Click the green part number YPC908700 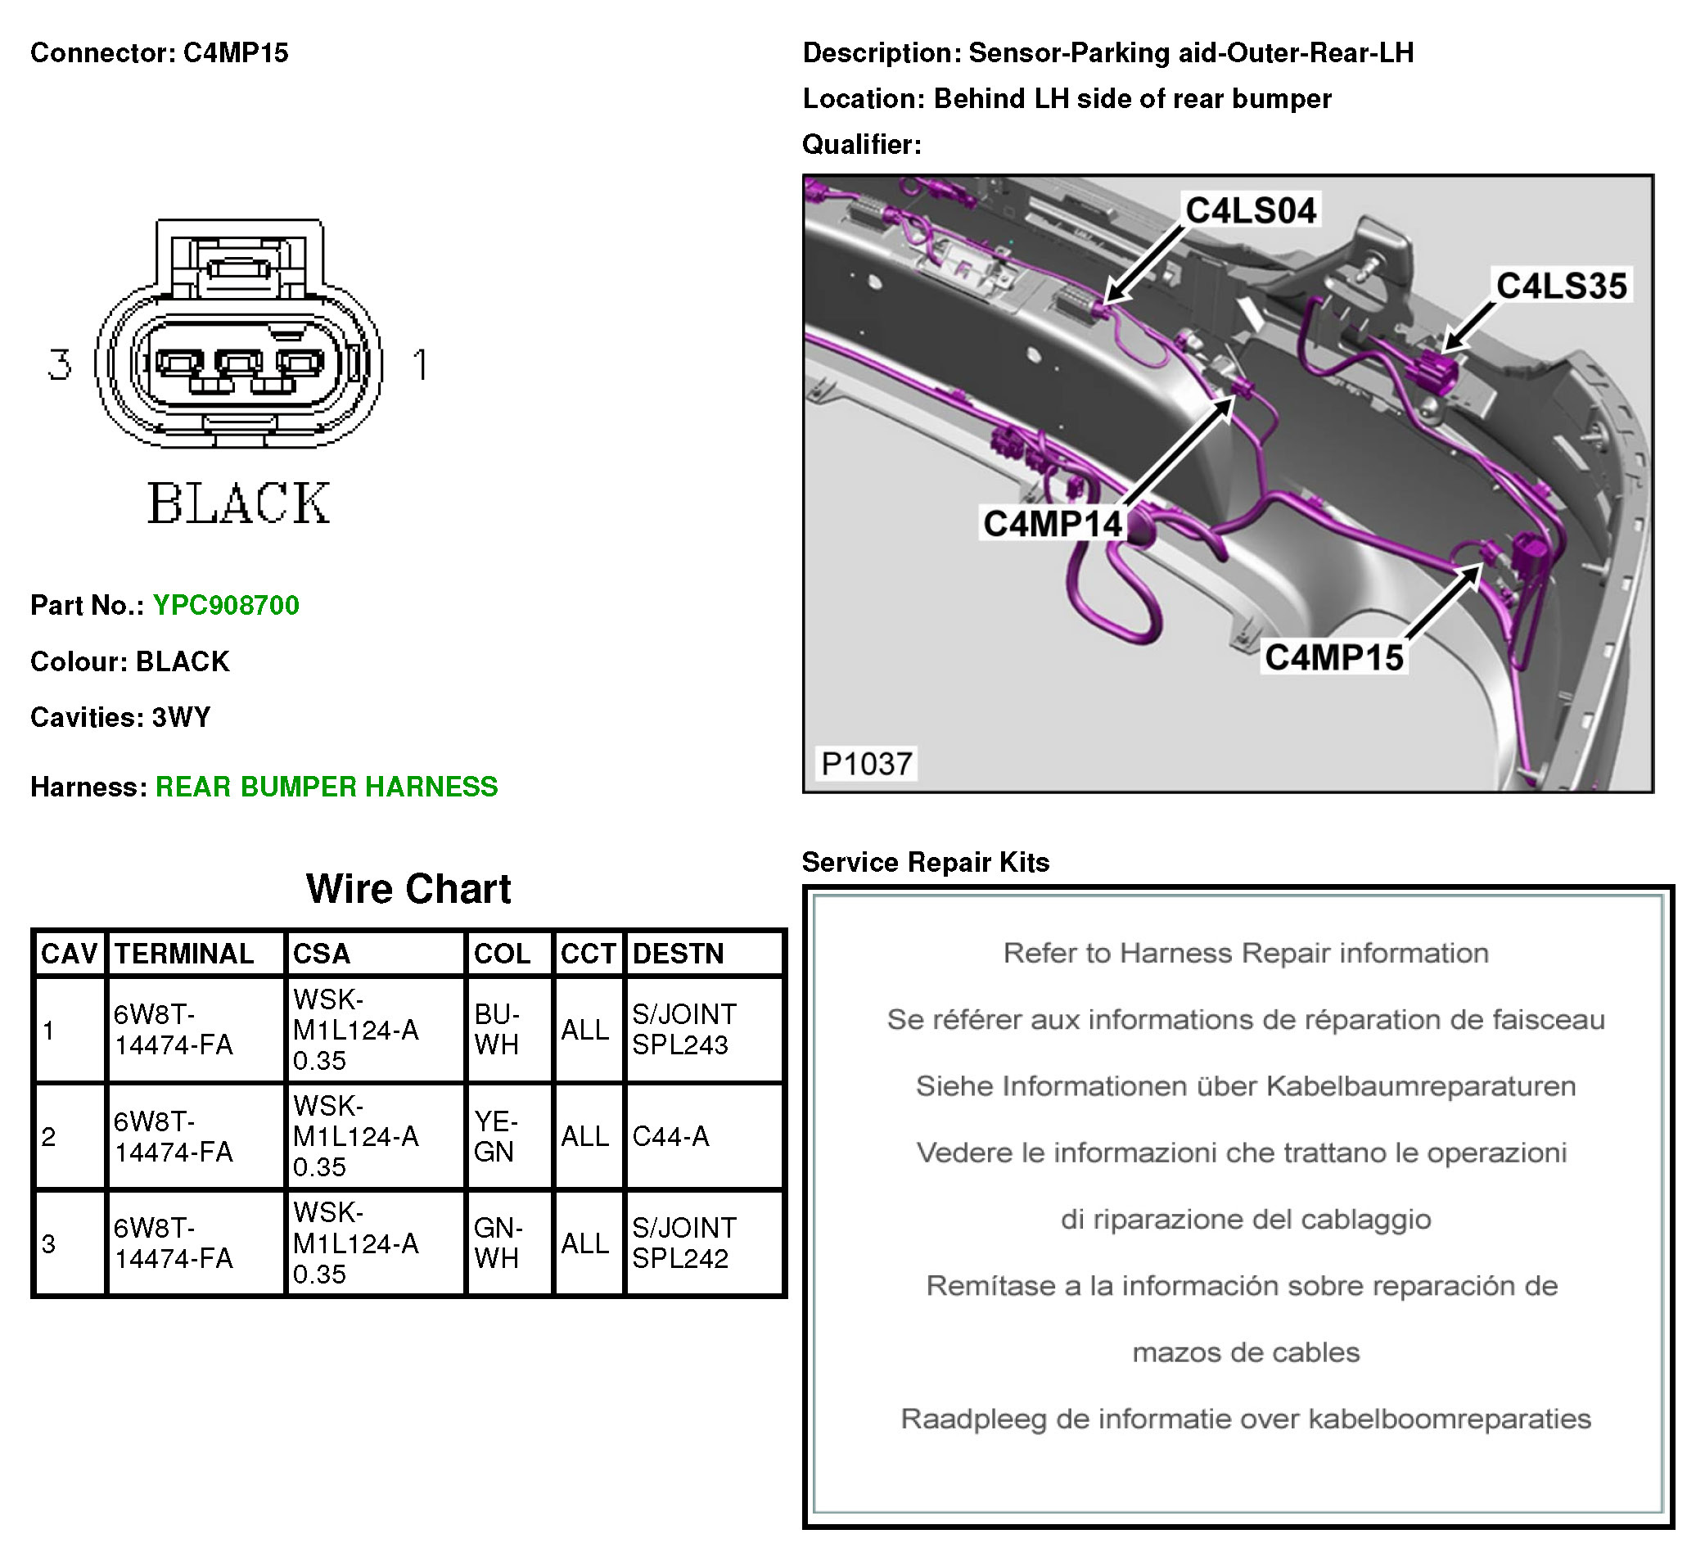(225, 605)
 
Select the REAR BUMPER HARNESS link (327, 787)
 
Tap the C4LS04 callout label (1250, 210)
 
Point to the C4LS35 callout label (1561, 286)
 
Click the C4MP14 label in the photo (1052, 524)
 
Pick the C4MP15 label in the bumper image (1333, 658)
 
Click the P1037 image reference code (866, 764)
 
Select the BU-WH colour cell (497, 1030)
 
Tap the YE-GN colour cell (495, 1136)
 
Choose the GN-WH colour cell (498, 1243)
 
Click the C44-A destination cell (670, 1136)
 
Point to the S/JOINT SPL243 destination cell (685, 1030)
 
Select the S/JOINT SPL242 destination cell (685, 1243)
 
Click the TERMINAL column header (184, 954)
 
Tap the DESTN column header (678, 954)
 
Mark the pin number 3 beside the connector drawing (59, 365)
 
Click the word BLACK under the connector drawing (239, 504)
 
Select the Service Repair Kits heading (926, 862)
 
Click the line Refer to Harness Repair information (1245, 953)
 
